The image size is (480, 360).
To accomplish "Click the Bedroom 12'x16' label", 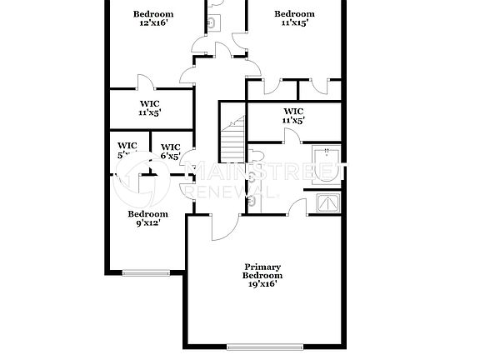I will [x=153, y=18].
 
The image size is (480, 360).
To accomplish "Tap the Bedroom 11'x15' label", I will [x=295, y=18].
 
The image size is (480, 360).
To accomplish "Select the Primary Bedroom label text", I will [x=262, y=271].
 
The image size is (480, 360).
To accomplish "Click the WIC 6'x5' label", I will [x=170, y=150].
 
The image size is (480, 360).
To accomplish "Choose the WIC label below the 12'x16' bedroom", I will [x=149, y=107].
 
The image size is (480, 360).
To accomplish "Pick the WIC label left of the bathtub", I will [x=293, y=116].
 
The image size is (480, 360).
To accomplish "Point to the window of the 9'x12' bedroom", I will [x=145, y=272].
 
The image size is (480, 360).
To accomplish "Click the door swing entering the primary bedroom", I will [x=223, y=228].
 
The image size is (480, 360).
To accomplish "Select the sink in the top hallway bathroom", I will [x=212, y=23].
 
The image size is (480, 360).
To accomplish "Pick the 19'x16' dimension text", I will [x=262, y=284].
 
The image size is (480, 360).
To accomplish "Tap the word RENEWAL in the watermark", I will [x=225, y=192].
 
